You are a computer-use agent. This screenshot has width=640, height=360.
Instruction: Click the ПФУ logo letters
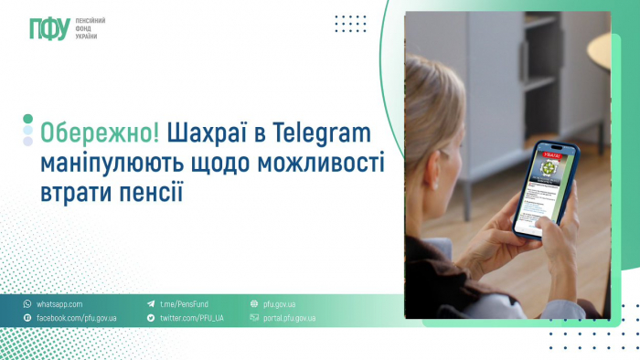click(48, 29)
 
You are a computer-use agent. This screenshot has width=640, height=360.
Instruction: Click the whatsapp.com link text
click(60, 303)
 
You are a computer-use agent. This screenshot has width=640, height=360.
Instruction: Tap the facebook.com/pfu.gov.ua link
click(77, 318)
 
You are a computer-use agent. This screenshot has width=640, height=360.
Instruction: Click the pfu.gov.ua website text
click(280, 303)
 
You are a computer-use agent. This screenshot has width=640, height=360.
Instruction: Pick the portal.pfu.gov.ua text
click(289, 318)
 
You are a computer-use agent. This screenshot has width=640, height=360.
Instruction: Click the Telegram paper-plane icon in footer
click(151, 303)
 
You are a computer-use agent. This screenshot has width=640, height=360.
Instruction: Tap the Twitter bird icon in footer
click(151, 318)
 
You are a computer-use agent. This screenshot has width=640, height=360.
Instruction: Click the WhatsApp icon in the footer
click(27, 303)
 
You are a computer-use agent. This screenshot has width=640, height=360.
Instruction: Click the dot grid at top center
click(350, 24)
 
